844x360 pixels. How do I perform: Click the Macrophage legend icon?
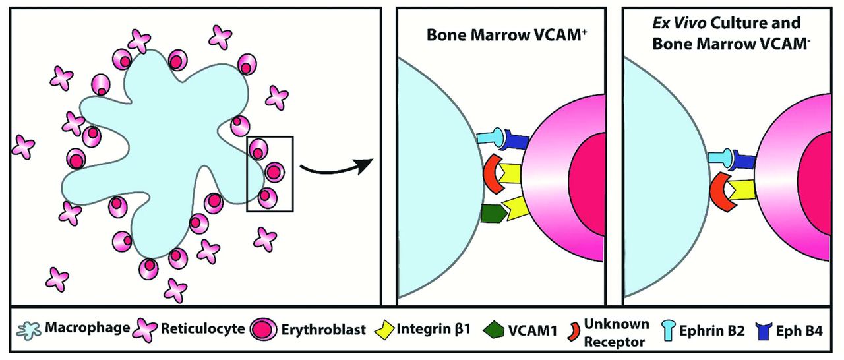click(x=27, y=328)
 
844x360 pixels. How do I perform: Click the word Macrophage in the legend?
click(x=84, y=328)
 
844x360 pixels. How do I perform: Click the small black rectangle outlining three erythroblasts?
click(x=270, y=173)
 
